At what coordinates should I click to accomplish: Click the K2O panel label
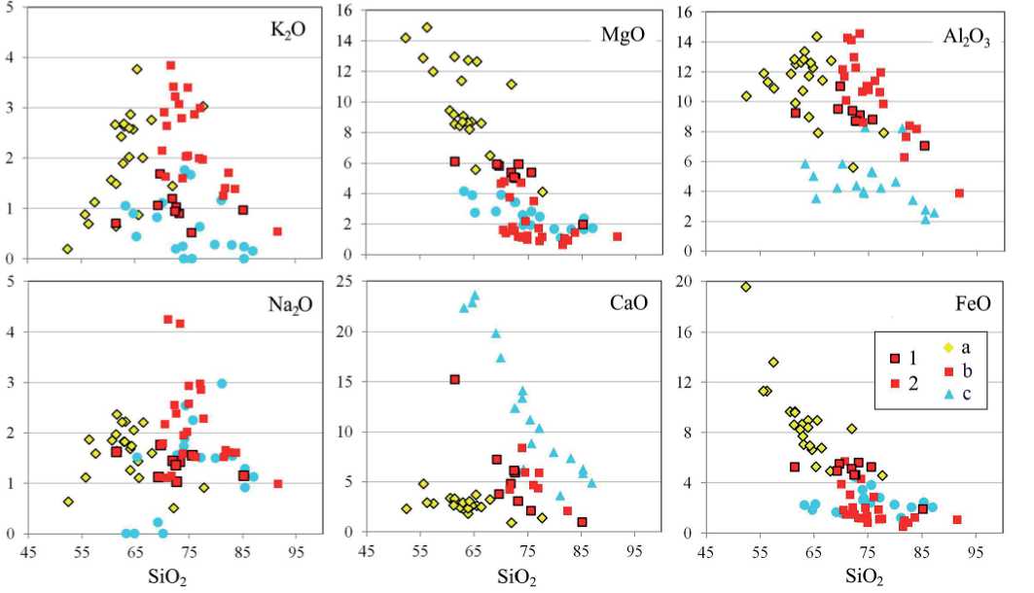point(288,30)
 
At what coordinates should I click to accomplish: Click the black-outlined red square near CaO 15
point(454,379)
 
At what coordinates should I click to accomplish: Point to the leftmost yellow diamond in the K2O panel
point(67,249)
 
